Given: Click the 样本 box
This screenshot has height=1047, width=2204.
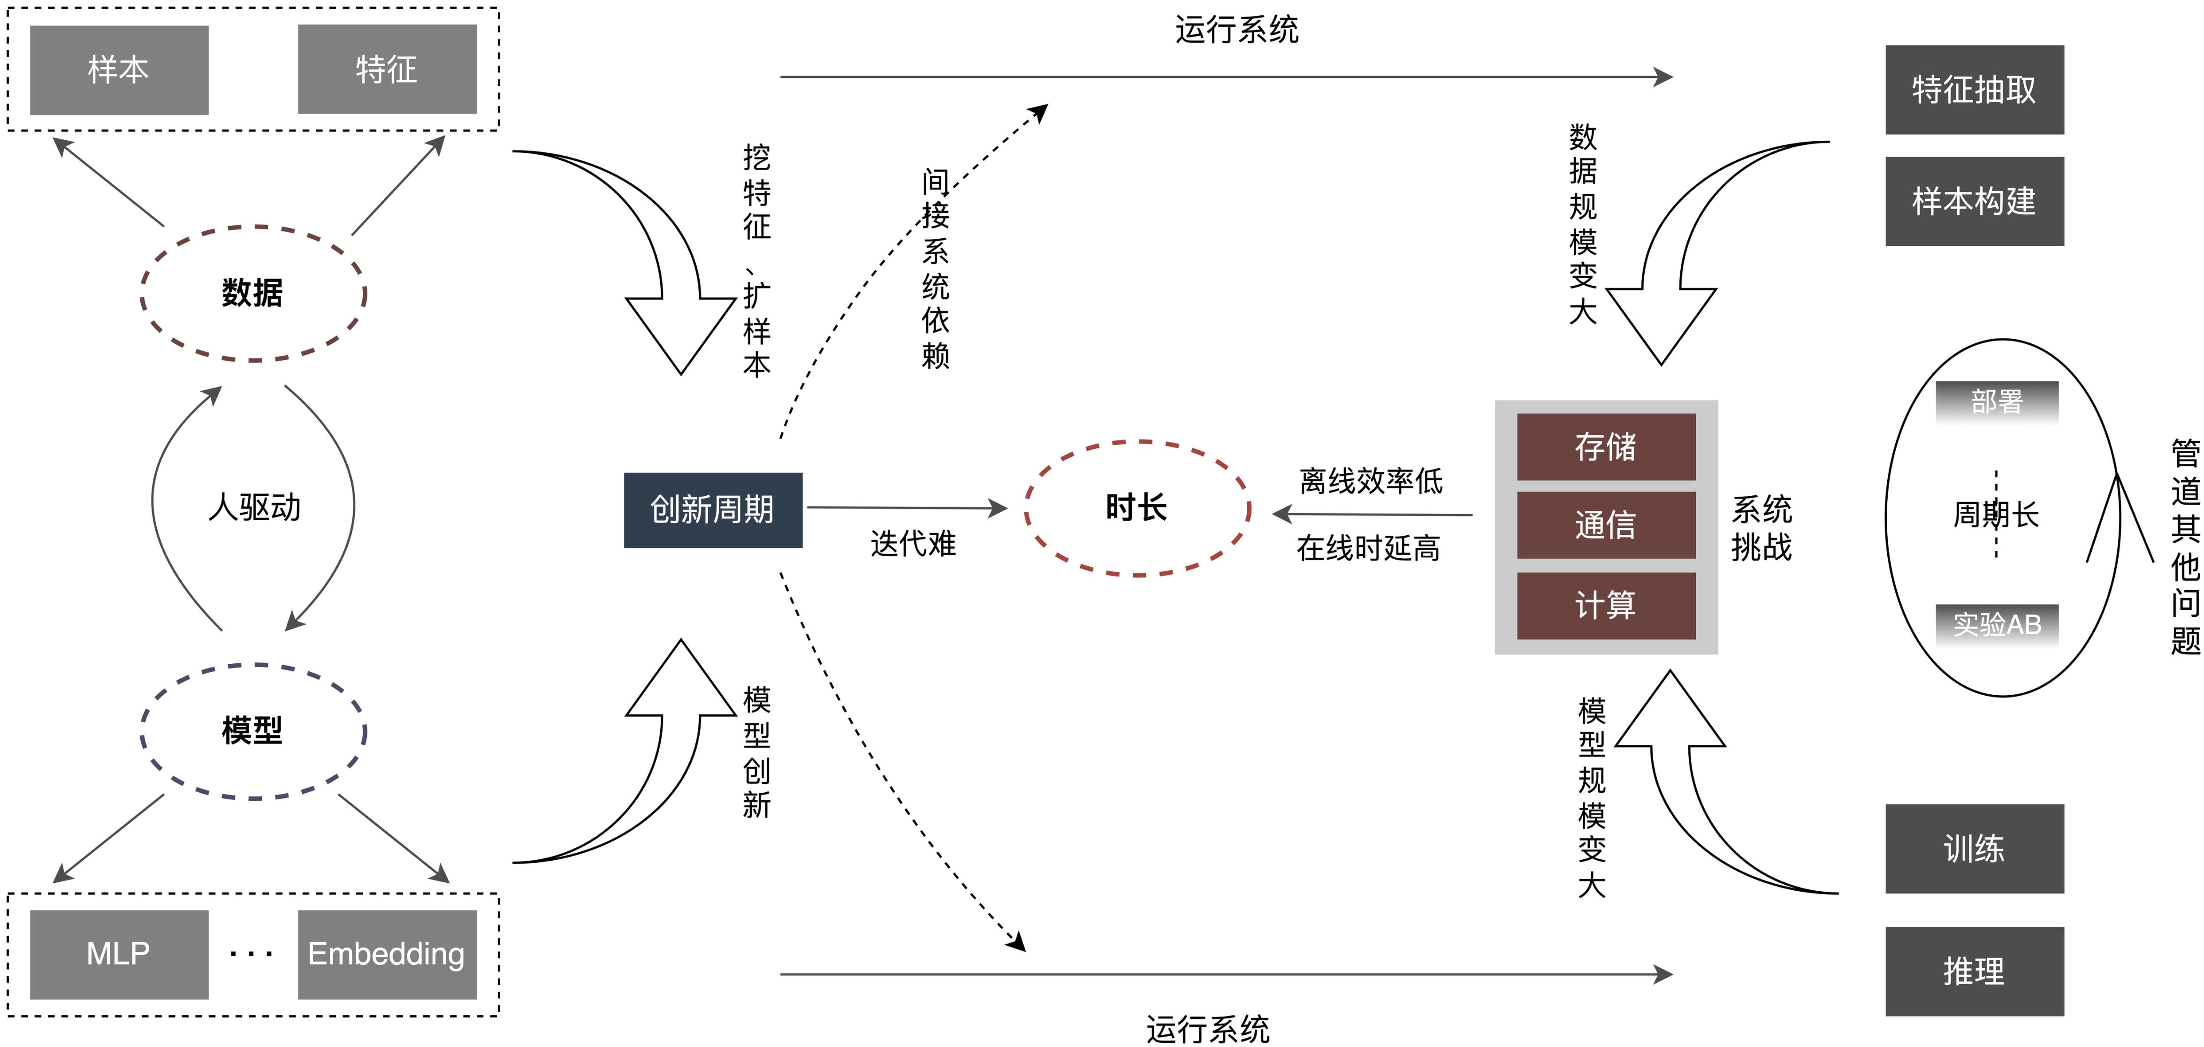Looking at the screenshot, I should pyautogui.click(x=119, y=69).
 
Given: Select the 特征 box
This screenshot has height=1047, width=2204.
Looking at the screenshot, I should pyautogui.click(x=387, y=69).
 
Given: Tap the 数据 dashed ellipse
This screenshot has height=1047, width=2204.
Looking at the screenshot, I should pyautogui.click(x=253, y=293).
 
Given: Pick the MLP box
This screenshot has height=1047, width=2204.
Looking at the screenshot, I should pyautogui.click(x=119, y=954).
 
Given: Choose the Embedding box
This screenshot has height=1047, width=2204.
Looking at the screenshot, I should pyautogui.click(x=387, y=954).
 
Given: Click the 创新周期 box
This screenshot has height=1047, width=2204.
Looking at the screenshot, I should pyautogui.click(x=713, y=510).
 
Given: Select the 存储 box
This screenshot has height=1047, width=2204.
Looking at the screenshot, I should pyautogui.click(x=1606, y=447).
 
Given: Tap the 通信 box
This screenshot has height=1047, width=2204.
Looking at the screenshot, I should pyautogui.click(x=1606, y=524).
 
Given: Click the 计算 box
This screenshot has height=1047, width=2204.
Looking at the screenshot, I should pyautogui.click(x=1606, y=605).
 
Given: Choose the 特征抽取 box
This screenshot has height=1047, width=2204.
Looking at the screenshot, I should pyautogui.click(x=1974, y=90).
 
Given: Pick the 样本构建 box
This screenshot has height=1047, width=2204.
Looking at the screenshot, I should pyautogui.click(x=1974, y=201).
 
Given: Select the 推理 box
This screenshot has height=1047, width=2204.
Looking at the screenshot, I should pyautogui.click(x=1974, y=971).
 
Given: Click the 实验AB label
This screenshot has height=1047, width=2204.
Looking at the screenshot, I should pyautogui.click(x=1997, y=624).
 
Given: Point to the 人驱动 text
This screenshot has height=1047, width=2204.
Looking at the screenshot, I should pyautogui.click(x=254, y=507).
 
